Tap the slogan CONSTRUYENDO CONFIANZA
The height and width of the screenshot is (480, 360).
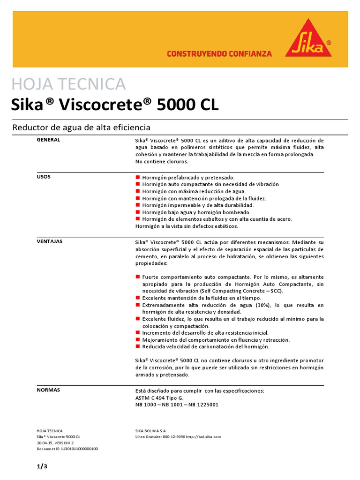click(x=219, y=54)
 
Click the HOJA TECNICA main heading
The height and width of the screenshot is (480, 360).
click(x=68, y=84)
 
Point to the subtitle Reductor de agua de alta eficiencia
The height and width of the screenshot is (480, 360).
click(x=81, y=127)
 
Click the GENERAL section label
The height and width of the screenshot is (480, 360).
click(x=48, y=140)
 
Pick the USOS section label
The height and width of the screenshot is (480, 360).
click(x=44, y=177)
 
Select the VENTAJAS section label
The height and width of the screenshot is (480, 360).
click(x=49, y=241)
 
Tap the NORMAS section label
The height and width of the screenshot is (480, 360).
click(x=48, y=390)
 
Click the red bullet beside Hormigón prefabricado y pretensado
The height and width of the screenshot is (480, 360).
click(x=138, y=178)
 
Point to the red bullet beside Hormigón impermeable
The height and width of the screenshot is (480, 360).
click(x=138, y=205)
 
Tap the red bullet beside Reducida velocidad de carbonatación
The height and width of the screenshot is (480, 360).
click(x=138, y=347)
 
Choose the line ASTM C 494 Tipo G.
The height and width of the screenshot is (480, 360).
click(x=159, y=397)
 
